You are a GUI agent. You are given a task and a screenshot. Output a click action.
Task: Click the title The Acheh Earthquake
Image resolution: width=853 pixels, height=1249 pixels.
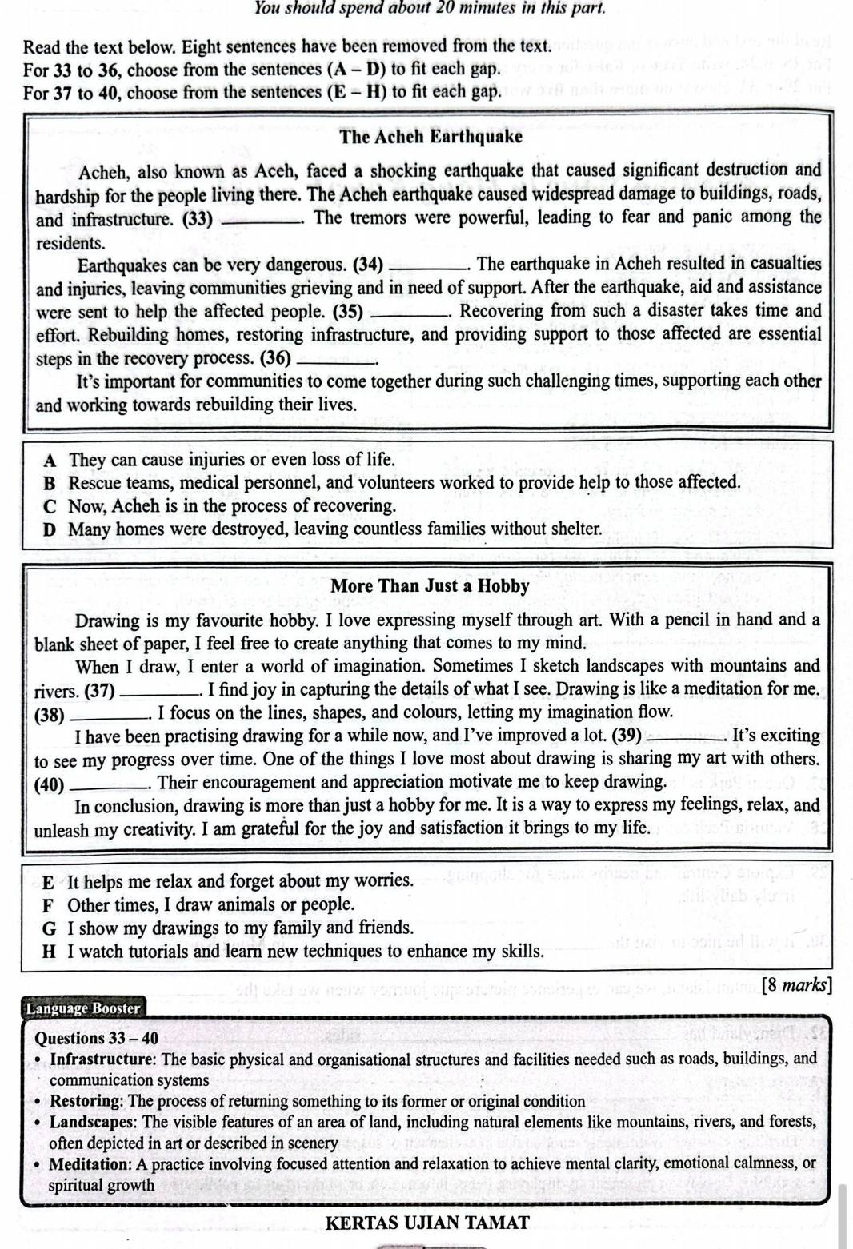(x=431, y=136)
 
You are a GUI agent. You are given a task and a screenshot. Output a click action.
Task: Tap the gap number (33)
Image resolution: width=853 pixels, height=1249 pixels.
(x=198, y=218)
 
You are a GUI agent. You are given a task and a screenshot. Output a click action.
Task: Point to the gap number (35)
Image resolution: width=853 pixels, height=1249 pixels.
(x=347, y=312)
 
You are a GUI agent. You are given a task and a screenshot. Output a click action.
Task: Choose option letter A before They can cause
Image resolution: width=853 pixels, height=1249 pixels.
(x=51, y=461)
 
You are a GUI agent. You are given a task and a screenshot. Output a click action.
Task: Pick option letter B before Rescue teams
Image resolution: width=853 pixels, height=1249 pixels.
(x=50, y=483)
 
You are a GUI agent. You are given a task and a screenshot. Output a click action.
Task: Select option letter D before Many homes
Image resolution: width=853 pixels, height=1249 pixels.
(x=50, y=529)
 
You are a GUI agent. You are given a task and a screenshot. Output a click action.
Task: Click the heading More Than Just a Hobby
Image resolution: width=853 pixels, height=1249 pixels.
(x=430, y=586)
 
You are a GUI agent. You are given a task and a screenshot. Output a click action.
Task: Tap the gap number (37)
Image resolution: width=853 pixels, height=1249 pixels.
(x=99, y=690)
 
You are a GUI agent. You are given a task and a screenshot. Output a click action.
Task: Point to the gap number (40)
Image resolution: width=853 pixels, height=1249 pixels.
(x=50, y=784)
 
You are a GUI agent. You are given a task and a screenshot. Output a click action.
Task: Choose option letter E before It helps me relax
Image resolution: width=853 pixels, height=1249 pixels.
(x=49, y=882)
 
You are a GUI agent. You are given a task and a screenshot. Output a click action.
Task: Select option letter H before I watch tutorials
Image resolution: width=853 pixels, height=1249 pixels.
(x=50, y=952)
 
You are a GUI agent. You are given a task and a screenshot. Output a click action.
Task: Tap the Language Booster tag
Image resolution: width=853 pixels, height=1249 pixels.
(x=83, y=1008)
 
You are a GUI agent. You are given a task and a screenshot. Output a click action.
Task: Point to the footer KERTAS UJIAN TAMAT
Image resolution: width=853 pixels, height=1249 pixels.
(x=428, y=1223)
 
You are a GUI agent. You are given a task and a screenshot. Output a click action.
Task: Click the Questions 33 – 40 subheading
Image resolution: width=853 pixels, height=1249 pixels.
(x=97, y=1039)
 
